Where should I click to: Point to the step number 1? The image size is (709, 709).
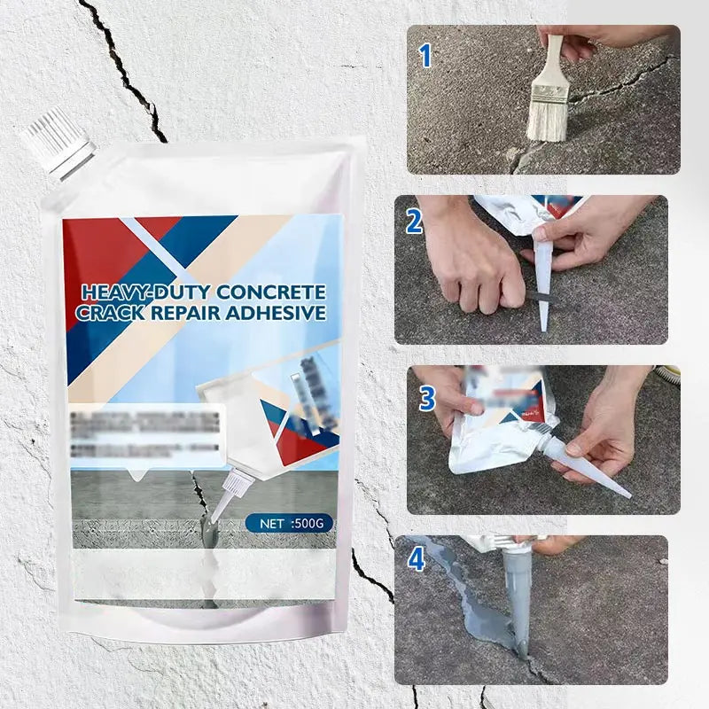pyautogui.click(x=425, y=57)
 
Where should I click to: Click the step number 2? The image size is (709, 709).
pyautogui.click(x=414, y=222)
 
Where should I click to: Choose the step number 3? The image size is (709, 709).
pyautogui.click(x=427, y=399)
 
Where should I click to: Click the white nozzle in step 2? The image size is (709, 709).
pyautogui.click(x=542, y=275)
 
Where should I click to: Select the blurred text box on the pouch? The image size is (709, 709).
pyautogui.click(x=146, y=435)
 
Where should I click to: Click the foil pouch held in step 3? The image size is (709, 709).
pyautogui.click(x=496, y=417)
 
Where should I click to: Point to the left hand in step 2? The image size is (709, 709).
pyautogui.click(x=461, y=257)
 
